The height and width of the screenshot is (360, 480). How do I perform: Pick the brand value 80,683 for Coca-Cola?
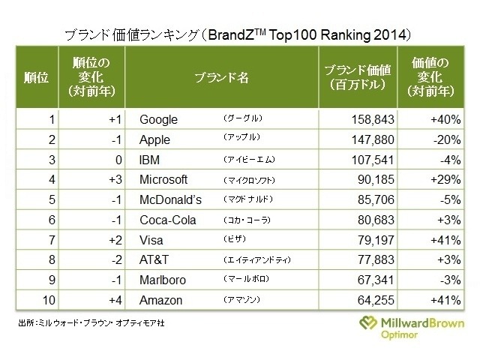[371, 220]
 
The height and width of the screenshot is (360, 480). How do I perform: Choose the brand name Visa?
[152, 241]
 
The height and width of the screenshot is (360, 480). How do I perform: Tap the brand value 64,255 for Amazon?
[371, 301]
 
